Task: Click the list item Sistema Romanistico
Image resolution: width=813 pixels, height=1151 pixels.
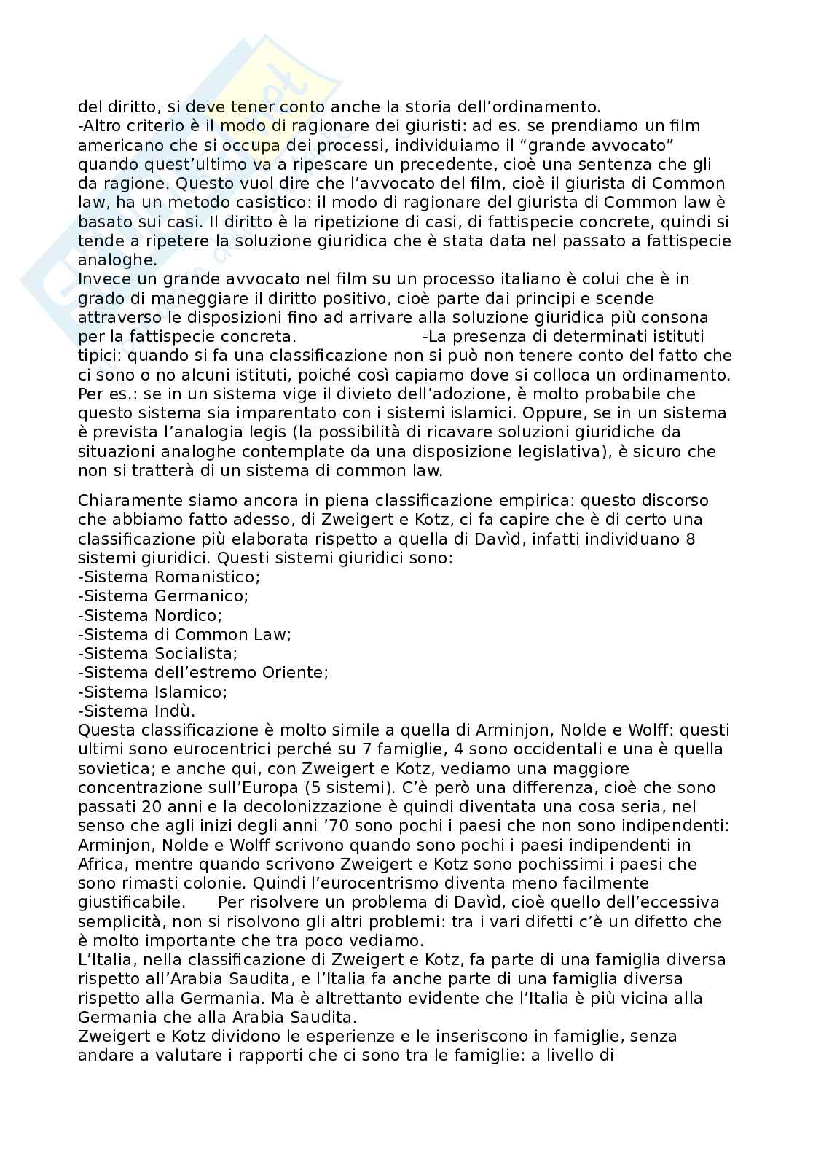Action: point(169,577)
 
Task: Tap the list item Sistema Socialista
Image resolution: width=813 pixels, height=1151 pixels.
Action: point(159,653)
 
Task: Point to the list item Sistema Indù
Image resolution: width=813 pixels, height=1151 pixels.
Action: point(138,711)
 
